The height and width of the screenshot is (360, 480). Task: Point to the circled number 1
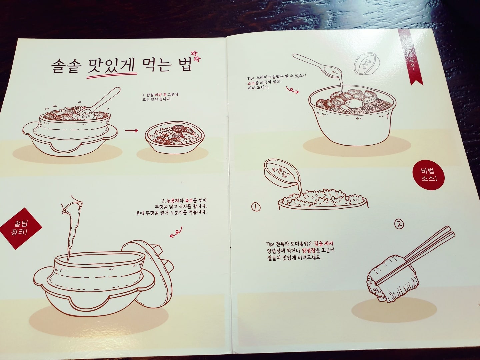point(256,207)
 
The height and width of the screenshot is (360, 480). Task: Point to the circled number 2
point(399,224)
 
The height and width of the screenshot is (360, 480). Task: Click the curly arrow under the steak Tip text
point(292,90)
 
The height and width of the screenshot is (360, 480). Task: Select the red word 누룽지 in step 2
point(173,201)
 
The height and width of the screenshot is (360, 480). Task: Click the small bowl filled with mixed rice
point(170,137)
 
